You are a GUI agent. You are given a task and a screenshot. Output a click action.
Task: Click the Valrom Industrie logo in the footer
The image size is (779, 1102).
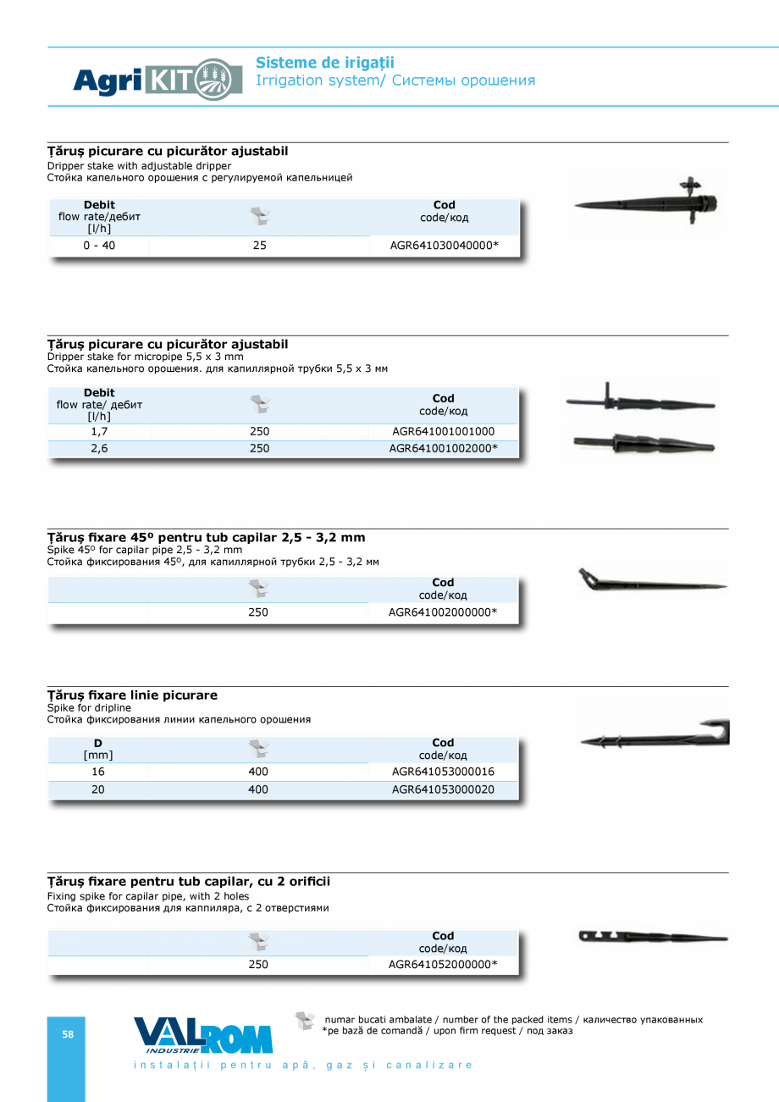click(x=203, y=1035)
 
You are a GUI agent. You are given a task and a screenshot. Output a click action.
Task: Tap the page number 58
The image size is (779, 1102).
click(x=67, y=1034)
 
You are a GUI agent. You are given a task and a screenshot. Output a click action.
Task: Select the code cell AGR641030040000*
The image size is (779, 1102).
click(x=444, y=246)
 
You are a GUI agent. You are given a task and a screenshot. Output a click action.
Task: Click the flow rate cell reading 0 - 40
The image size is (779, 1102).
click(x=99, y=246)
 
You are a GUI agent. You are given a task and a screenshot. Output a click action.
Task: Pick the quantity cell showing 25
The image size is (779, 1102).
click(x=259, y=246)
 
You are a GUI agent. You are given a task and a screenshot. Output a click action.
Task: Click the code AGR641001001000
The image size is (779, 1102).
click(x=443, y=431)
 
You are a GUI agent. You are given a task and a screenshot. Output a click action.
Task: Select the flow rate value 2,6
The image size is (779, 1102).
click(x=99, y=449)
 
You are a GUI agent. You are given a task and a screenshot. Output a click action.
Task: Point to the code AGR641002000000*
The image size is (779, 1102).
click(x=443, y=612)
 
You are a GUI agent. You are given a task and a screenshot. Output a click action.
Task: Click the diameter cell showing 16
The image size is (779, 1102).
click(x=98, y=772)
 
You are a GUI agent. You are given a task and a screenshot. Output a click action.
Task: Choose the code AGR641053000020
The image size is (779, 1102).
click(x=443, y=789)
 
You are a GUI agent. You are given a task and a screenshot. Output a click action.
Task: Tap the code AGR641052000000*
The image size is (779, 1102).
click(x=443, y=964)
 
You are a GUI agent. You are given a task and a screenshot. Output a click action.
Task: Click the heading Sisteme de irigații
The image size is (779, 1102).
click(x=325, y=63)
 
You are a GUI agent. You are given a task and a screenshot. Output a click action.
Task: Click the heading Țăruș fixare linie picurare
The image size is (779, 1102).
click(x=132, y=695)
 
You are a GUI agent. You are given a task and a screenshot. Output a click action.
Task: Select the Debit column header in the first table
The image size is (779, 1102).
click(x=99, y=205)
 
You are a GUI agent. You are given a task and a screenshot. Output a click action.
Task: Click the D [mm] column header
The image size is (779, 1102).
click(x=98, y=749)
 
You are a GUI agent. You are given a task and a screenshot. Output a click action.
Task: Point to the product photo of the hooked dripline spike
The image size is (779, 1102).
click(x=655, y=735)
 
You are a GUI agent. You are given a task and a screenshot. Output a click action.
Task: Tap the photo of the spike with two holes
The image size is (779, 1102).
click(x=653, y=937)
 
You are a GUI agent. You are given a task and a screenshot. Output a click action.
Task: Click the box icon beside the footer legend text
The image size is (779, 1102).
click(x=305, y=1020)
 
